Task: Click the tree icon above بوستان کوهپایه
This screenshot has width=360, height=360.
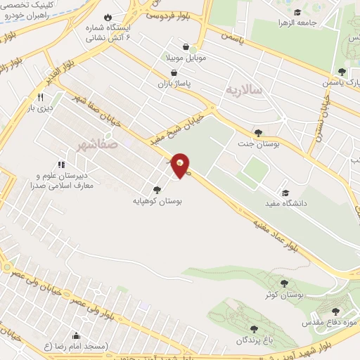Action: [156, 189]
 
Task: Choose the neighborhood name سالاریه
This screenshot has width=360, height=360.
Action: [244, 90]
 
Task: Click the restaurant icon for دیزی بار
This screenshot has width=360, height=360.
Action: [40, 97]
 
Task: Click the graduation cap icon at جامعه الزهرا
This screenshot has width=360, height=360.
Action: [298, 12]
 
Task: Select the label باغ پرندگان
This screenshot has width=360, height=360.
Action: [251, 340]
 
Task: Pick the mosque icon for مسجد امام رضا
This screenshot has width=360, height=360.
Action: [75, 335]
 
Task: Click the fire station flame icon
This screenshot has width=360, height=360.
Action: [107, 18]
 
